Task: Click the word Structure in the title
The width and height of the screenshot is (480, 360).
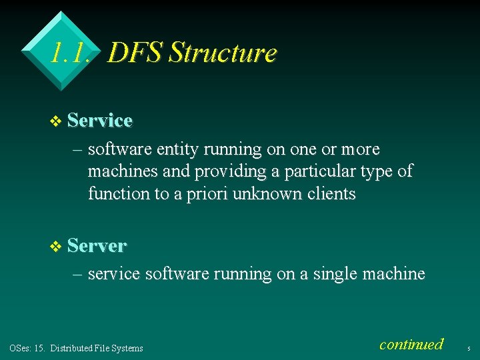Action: [x=223, y=53]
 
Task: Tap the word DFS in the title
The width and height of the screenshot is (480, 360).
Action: [x=135, y=53]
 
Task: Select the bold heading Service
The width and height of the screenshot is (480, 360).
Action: [x=100, y=121]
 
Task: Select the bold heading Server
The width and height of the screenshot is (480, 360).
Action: [x=97, y=245]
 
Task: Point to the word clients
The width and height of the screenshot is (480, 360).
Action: [x=331, y=194]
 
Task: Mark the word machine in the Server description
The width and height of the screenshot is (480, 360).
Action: [x=395, y=273]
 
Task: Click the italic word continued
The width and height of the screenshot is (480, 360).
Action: [x=411, y=345]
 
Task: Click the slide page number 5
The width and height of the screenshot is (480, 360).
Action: [x=469, y=349]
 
